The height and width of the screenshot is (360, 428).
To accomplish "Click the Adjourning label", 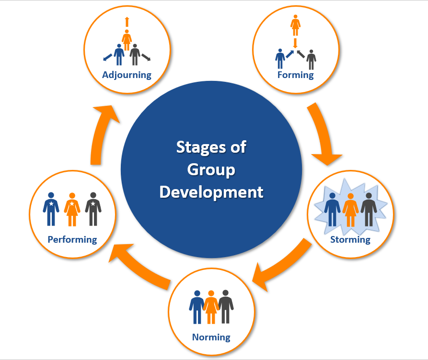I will click(x=127, y=75).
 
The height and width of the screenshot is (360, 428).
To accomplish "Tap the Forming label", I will click(x=295, y=75).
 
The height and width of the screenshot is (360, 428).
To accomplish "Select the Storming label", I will click(x=350, y=239).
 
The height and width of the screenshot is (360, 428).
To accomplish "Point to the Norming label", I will click(x=211, y=337).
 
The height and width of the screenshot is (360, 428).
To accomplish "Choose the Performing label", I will click(x=72, y=239).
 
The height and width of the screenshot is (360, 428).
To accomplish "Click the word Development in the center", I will click(x=211, y=191).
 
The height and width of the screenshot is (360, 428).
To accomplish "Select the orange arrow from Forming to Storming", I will click(x=323, y=136).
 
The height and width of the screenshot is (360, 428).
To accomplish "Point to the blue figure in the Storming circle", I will click(x=332, y=209).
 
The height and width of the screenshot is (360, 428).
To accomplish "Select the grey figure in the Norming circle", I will click(x=225, y=306).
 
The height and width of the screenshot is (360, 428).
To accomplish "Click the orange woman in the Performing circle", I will click(x=72, y=209).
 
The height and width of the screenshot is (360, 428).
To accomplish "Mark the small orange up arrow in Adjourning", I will click(x=127, y=22).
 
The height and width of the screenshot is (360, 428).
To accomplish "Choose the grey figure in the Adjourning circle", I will click(x=135, y=55).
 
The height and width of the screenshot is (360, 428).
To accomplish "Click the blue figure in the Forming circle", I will click(x=280, y=59).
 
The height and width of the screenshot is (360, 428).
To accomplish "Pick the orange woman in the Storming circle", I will click(x=350, y=209).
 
